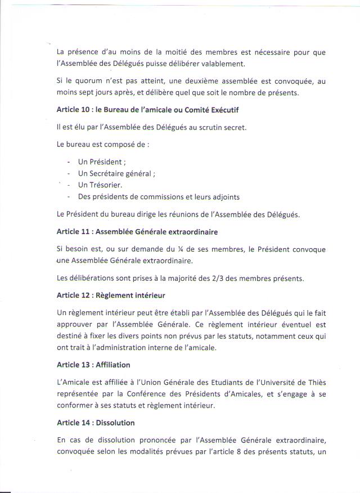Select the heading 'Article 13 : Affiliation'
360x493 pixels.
click(93, 365)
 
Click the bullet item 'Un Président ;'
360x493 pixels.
click(102, 162)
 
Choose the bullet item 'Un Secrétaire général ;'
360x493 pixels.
click(116, 174)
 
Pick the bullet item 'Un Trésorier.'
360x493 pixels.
click(100, 185)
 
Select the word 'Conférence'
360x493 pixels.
click(157, 394)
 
